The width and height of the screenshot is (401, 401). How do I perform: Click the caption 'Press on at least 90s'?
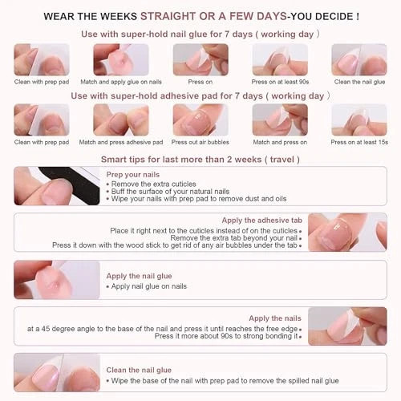pos(280,82)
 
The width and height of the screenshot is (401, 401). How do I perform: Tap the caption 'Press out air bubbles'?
pos(200,142)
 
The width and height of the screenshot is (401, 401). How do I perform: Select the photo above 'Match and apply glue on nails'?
pos(121,59)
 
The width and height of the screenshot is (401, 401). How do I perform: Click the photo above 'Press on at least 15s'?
pos(359,119)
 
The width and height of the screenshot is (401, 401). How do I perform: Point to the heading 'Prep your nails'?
pos(133,175)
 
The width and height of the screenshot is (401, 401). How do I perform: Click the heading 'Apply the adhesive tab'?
pos(262,221)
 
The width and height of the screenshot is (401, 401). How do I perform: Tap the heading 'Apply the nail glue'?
pos(139,276)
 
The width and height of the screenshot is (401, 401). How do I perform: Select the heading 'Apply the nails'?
pos(275,318)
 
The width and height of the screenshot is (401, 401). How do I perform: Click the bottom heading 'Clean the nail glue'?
pos(139,370)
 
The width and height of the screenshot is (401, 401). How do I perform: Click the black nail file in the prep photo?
pos(78,184)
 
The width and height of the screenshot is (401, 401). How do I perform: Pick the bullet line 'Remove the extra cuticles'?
pos(151,184)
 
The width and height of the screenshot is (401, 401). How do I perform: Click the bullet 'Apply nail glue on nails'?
pos(147,286)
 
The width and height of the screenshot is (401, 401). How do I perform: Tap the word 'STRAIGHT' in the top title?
pos(169,16)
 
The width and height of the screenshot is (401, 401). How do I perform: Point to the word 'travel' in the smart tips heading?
pos(282,160)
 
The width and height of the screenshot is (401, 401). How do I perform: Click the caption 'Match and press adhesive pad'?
pos(121,142)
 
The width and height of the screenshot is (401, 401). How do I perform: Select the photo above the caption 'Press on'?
pos(200,59)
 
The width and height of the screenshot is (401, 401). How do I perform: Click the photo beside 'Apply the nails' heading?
pos(347,326)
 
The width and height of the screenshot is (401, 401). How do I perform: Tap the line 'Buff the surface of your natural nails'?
pos(168,192)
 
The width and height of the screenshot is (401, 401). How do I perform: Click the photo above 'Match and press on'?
pos(280,119)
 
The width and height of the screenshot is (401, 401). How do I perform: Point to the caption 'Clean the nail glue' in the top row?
pos(359,82)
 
